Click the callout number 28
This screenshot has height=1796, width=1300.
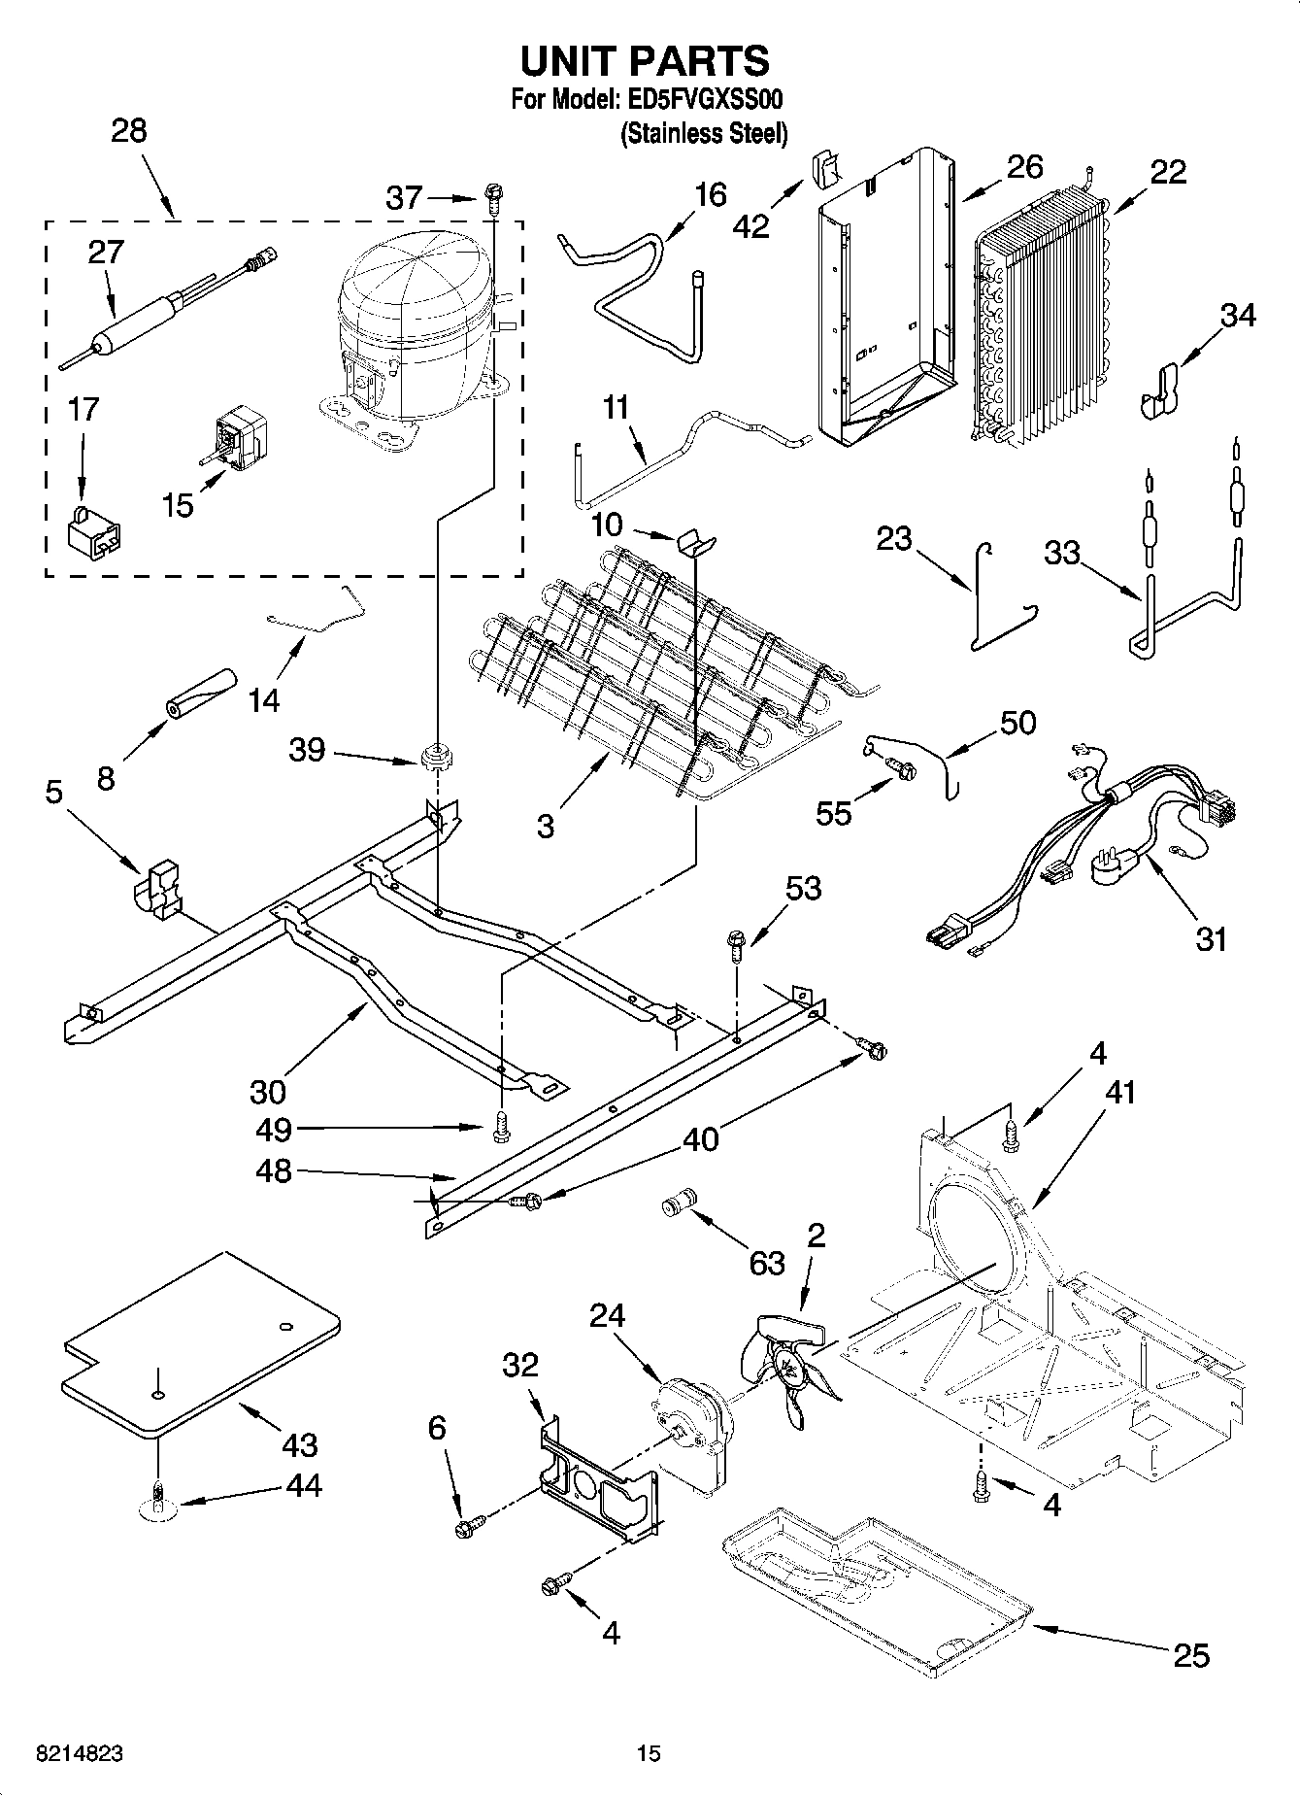(x=128, y=131)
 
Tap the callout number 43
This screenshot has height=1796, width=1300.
(x=299, y=1444)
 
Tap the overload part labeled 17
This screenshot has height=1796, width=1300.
(x=95, y=533)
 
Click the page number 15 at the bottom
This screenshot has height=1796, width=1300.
(x=649, y=1753)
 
